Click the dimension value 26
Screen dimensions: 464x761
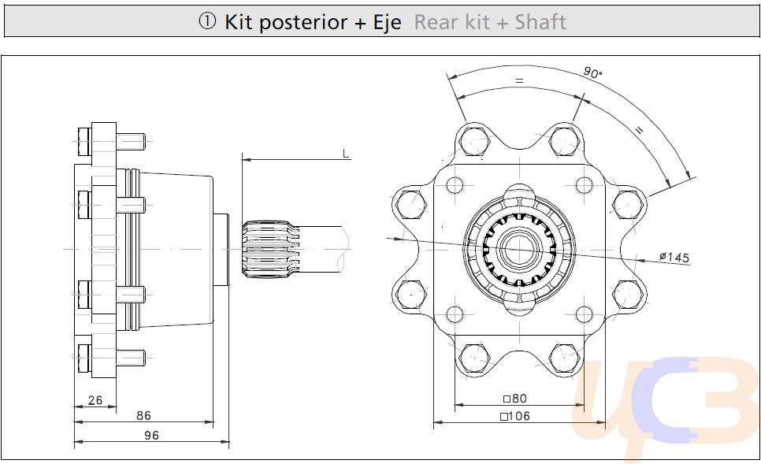tap(95, 400)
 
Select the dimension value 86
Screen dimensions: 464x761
tap(143, 415)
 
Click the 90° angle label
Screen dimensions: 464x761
tap(592, 72)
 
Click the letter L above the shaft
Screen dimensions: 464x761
tap(346, 153)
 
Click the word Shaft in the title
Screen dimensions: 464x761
tap(540, 22)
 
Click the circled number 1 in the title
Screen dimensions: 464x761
tap(207, 22)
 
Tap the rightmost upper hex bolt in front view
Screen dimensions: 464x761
tap(626, 204)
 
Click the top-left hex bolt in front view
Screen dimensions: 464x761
tap(475, 142)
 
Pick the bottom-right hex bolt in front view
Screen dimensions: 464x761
tap(564, 357)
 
